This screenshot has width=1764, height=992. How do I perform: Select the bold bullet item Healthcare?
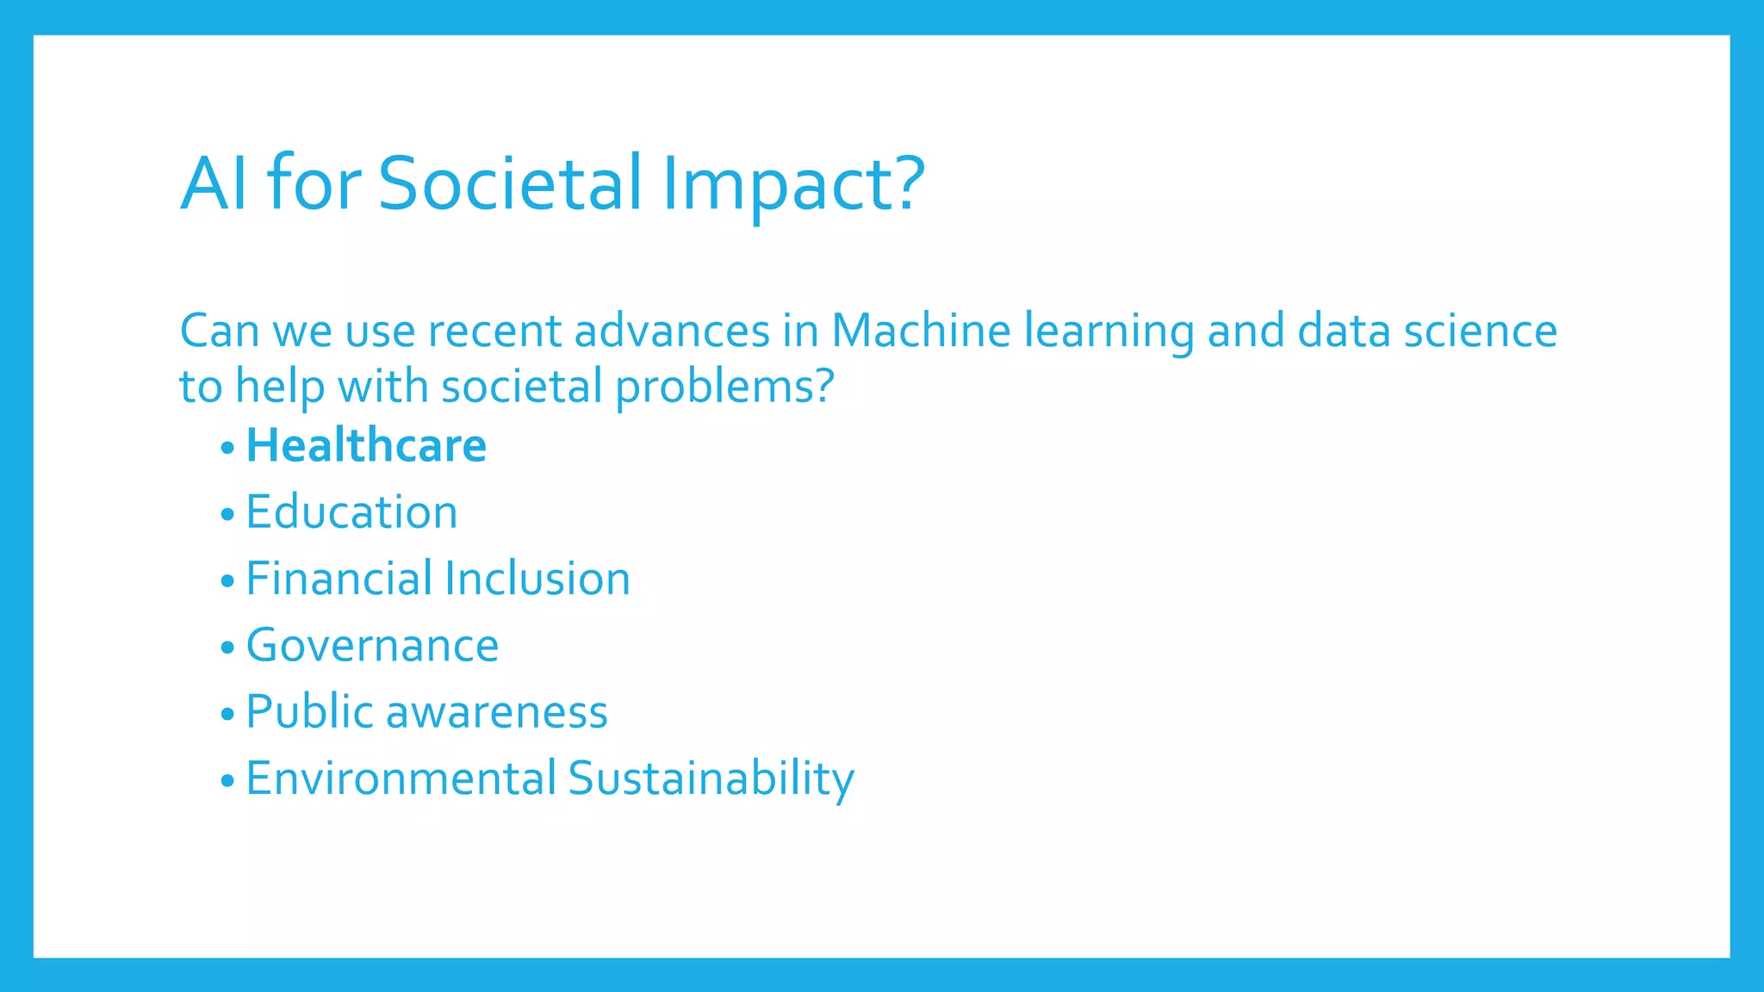[366, 446]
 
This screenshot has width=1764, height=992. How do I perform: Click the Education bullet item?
[351, 512]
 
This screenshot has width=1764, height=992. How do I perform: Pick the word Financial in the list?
[339, 579]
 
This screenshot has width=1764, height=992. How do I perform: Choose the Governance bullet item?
[372, 646]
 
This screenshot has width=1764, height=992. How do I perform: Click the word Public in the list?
[309, 712]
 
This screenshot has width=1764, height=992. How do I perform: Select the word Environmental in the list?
[401, 778]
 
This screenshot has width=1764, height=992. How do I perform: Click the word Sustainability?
[711, 778]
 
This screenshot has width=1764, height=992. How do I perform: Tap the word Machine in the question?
[920, 331]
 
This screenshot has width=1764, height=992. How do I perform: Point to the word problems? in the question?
[724, 387]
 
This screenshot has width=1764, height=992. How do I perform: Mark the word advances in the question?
[672, 331]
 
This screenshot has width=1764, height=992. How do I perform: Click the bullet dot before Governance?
[227, 648]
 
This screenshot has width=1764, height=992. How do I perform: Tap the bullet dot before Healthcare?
[227, 448]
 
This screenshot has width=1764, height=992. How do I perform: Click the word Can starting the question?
[220, 331]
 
